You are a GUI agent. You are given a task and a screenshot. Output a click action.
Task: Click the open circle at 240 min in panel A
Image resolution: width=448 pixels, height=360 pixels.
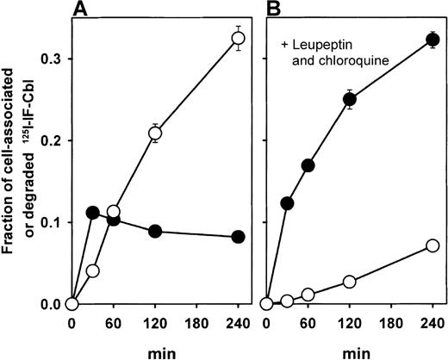point(239,38)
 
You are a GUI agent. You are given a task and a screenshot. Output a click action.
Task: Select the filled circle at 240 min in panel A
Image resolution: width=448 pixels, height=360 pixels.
point(239,237)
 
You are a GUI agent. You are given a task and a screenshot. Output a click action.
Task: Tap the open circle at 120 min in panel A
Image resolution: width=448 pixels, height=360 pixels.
point(156,133)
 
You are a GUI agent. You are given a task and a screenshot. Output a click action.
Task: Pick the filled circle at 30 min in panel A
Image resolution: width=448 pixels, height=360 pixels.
point(93,213)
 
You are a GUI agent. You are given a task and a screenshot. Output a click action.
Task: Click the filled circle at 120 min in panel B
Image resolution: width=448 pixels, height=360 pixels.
point(350,99)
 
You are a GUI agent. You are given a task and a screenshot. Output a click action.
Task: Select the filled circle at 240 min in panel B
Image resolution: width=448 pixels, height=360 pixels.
point(433,39)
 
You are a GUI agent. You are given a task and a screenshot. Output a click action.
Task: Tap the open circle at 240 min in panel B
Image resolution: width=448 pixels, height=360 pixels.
point(433,245)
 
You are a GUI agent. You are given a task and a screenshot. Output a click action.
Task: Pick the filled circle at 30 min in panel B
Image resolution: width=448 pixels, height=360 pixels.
point(287,203)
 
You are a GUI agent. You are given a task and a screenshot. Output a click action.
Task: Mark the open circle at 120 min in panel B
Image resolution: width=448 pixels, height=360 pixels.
point(350,282)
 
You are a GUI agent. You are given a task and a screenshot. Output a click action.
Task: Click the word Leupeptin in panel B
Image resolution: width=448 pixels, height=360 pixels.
point(323,44)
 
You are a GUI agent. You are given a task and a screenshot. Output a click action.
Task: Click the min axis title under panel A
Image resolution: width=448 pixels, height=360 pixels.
point(156,351)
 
